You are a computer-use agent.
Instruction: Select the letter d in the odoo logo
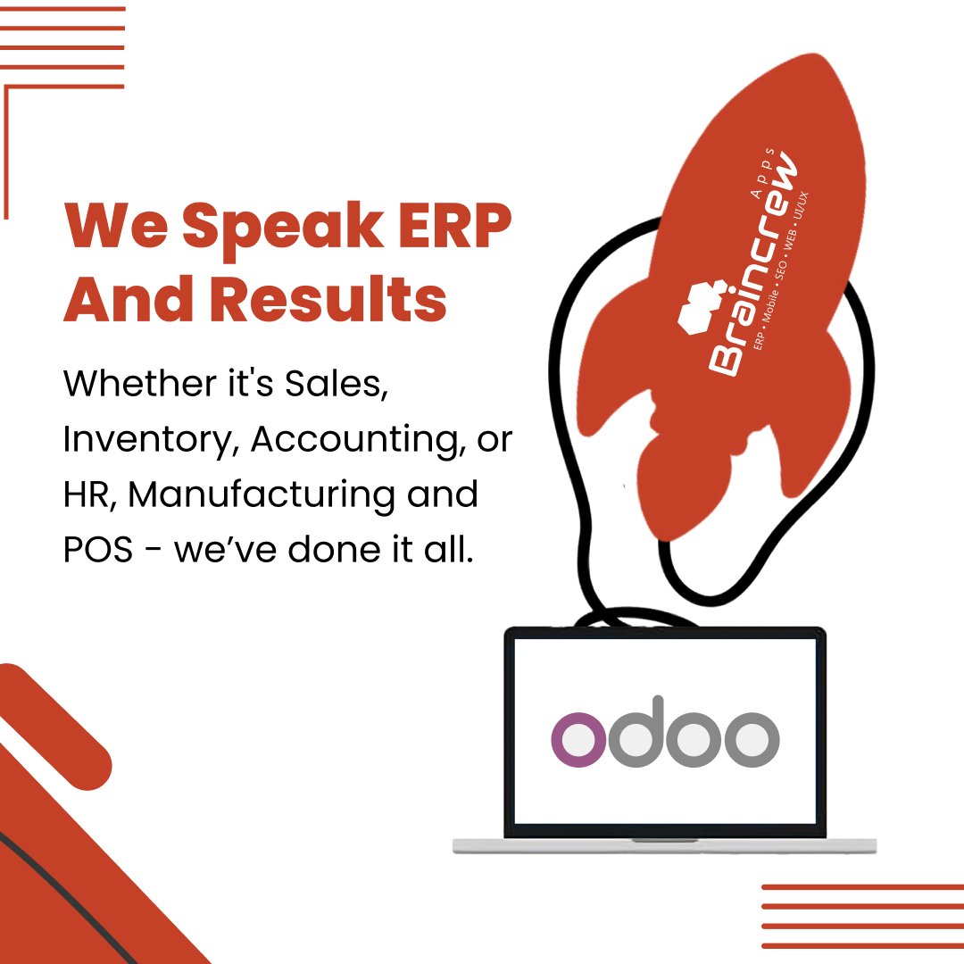637,730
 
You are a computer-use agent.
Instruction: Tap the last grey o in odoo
752,739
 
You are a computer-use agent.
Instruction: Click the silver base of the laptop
664,845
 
